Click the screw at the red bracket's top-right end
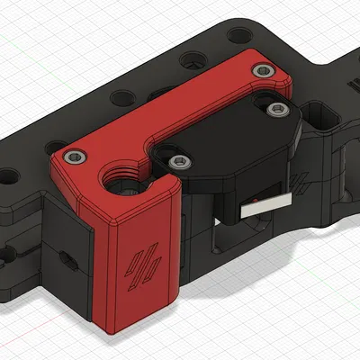click(262, 70)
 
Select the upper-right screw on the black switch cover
click(274, 109)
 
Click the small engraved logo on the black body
click(302, 180)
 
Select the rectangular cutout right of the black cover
click(320, 115)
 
